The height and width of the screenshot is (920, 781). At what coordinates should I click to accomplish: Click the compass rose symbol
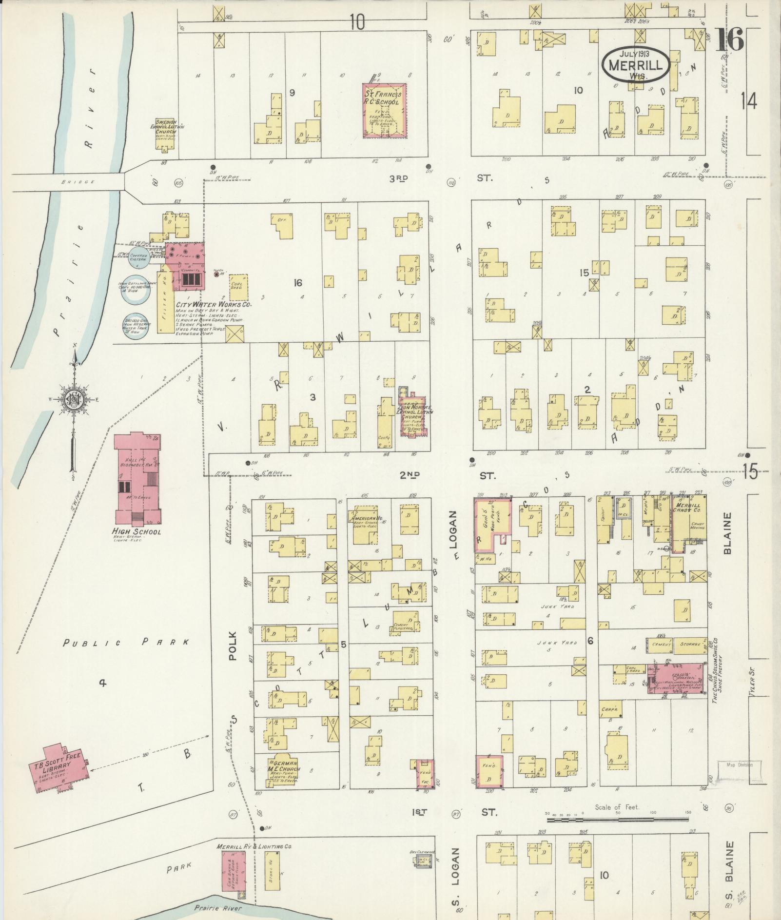pyautogui.click(x=75, y=400)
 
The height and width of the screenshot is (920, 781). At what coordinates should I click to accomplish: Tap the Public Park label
pyautogui.click(x=126, y=643)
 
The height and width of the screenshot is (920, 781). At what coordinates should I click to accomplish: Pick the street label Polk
pyautogui.click(x=232, y=646)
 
